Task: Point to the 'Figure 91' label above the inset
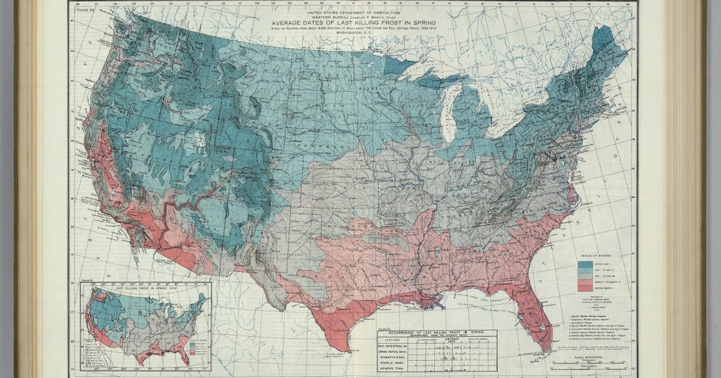point(85,280)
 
